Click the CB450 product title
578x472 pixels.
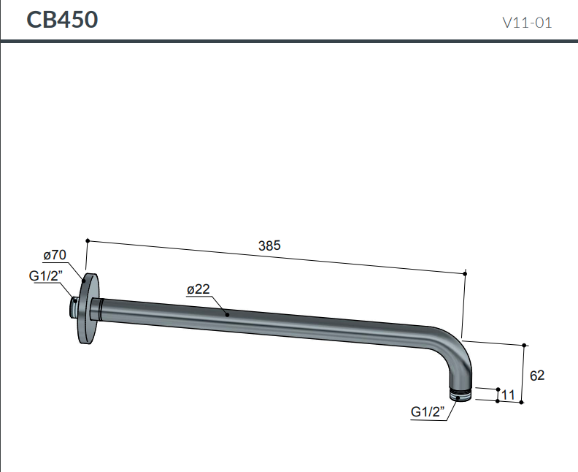point(62,20)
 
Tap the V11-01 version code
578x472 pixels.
point(526,23)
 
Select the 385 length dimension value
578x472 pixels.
point(269,246)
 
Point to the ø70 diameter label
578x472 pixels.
point(55,255)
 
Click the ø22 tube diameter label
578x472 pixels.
point(198,289)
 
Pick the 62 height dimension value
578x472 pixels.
point(537,376)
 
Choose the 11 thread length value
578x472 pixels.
point(508,395)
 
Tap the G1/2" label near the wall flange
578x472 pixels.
point(46,275)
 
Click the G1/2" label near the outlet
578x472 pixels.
point(428,411)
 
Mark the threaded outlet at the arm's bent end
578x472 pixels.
point(461,395)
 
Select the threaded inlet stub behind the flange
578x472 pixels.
point(74,308)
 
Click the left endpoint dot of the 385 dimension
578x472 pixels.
point(87,240)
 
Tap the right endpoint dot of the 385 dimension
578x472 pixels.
point(465,273)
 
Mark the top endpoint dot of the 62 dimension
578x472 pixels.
point(525,344)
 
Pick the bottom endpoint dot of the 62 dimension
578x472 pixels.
point(525,402)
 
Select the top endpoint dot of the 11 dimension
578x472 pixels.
point(498,389)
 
